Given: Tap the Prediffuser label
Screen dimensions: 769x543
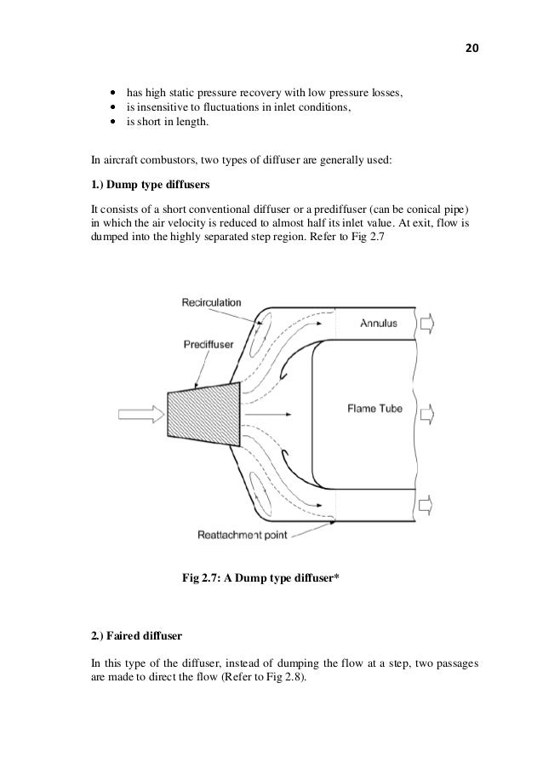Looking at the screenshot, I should point(209,345).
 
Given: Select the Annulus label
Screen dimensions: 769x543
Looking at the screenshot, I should point(379,324).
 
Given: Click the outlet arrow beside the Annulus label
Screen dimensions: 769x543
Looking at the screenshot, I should point(426,324).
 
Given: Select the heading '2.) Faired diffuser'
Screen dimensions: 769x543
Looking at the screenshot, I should point(134,635).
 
